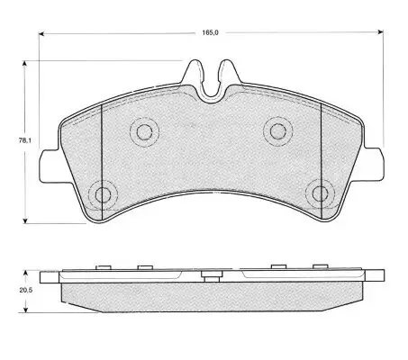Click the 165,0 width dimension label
(210, 32)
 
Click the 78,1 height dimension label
(24, 140)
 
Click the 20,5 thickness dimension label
(26, 291)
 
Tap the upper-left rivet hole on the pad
(144, 131)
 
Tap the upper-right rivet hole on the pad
(278, 131)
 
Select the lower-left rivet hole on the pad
(103, 195)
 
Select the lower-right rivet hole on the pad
(320, 193)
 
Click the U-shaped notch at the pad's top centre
(212, 87)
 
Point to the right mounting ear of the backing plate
(374, 164)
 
